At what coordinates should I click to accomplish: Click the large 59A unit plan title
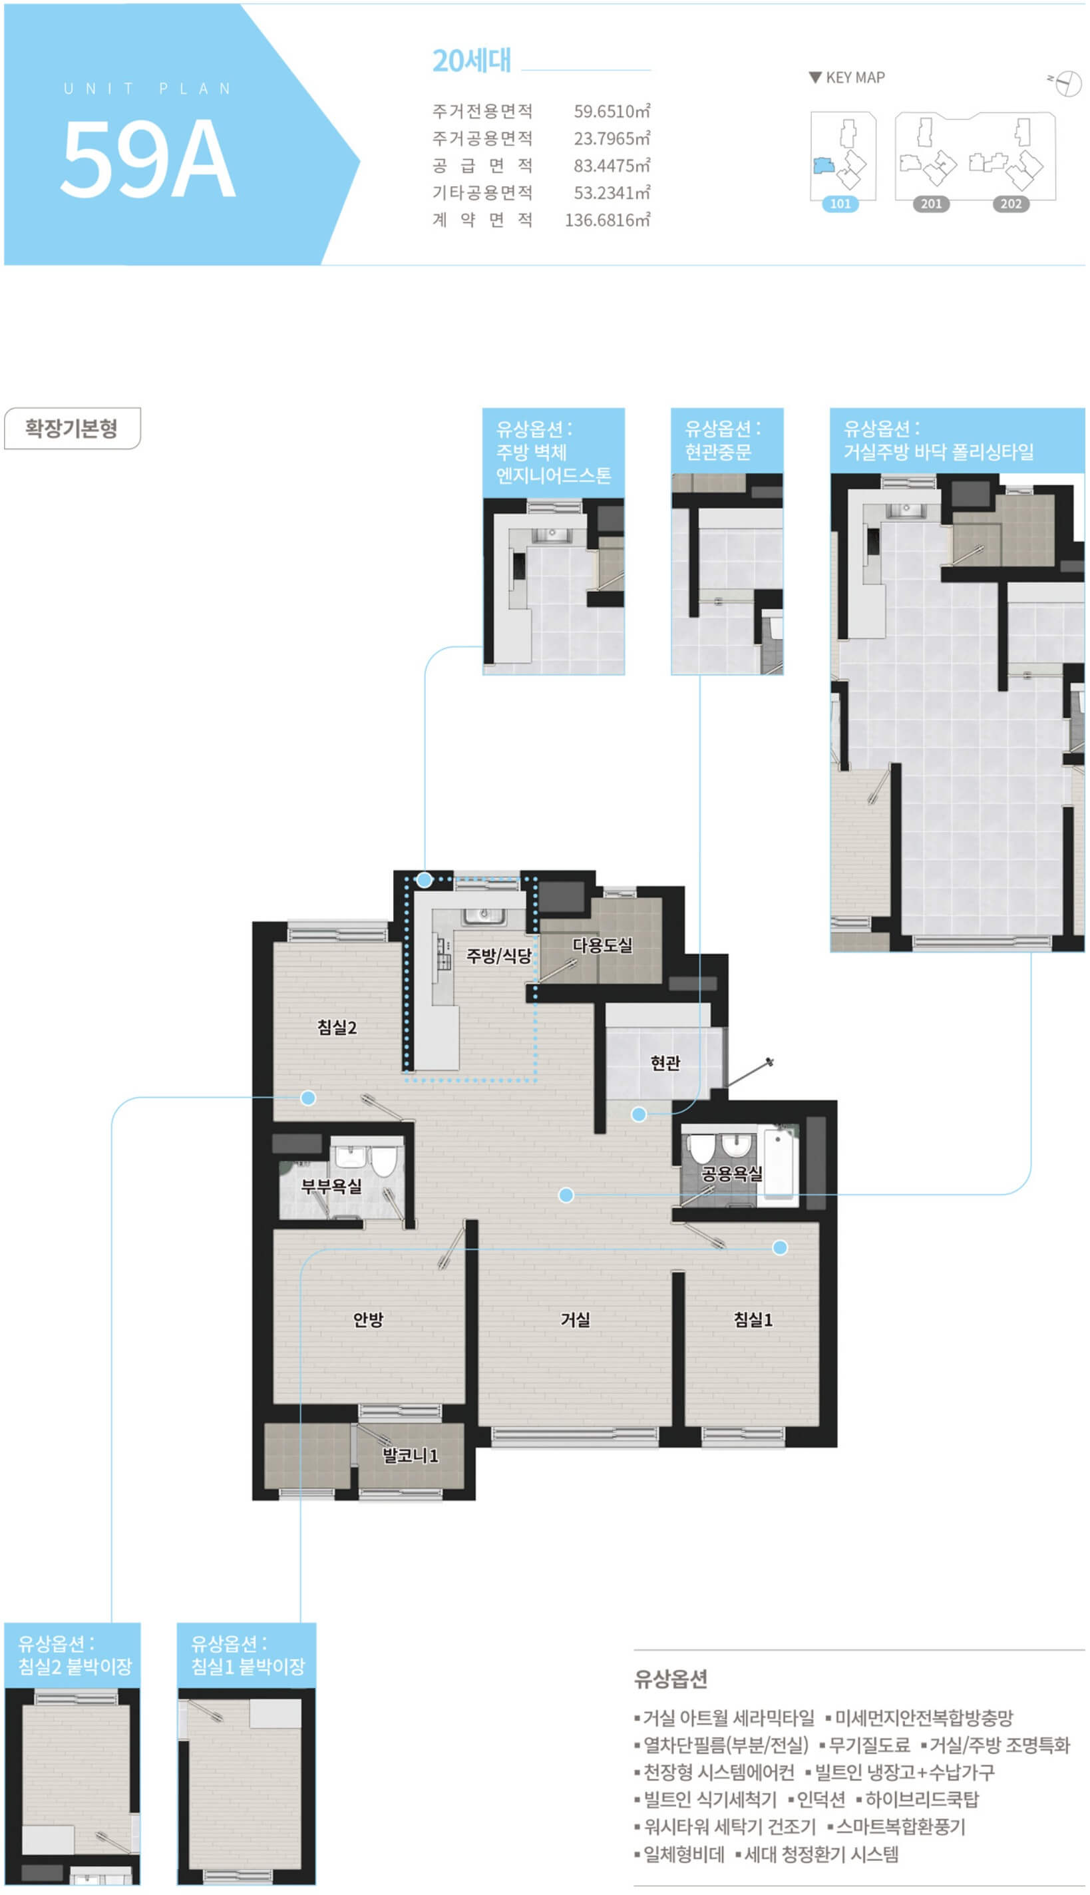pyautogui.click(x=148, y=158)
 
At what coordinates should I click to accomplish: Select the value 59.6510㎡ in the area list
pyautogui.click(x=612, y=112)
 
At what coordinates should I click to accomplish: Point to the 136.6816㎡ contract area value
pyautogui.click(x=607, y=220)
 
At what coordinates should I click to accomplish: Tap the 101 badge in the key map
pyautogui.click(x=840, y=204)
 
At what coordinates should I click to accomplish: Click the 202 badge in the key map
pyautogui.click(x=1011, y=204)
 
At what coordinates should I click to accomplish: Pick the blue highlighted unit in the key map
pyautogui.click(x=824, y=166)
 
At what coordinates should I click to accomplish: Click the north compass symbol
pyautogui.click(x=1066, y=83)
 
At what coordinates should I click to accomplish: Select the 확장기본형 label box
pyautogui.click(x=72, y=428)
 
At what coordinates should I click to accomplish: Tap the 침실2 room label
pyautogui.click(x=337, y=1027)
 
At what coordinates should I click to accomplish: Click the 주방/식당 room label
pyautogui.click(x=498, y=955)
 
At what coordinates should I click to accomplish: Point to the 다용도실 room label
pyautogui.click(x=602, y=946)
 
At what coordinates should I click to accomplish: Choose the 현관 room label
pyautogui.click(x=665, y=1063)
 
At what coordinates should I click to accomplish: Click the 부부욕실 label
pyautogui.click(x=331, y=1186)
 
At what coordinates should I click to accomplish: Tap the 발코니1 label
pyautogui.click(x=410, y=1456)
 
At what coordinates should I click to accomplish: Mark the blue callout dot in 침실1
pyautogui.click(x=780, y=1247)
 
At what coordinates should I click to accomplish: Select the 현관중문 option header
pyautogui.click(x=727, y=440)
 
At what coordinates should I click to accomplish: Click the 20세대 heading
pyautogui.click(x=472, y=61)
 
